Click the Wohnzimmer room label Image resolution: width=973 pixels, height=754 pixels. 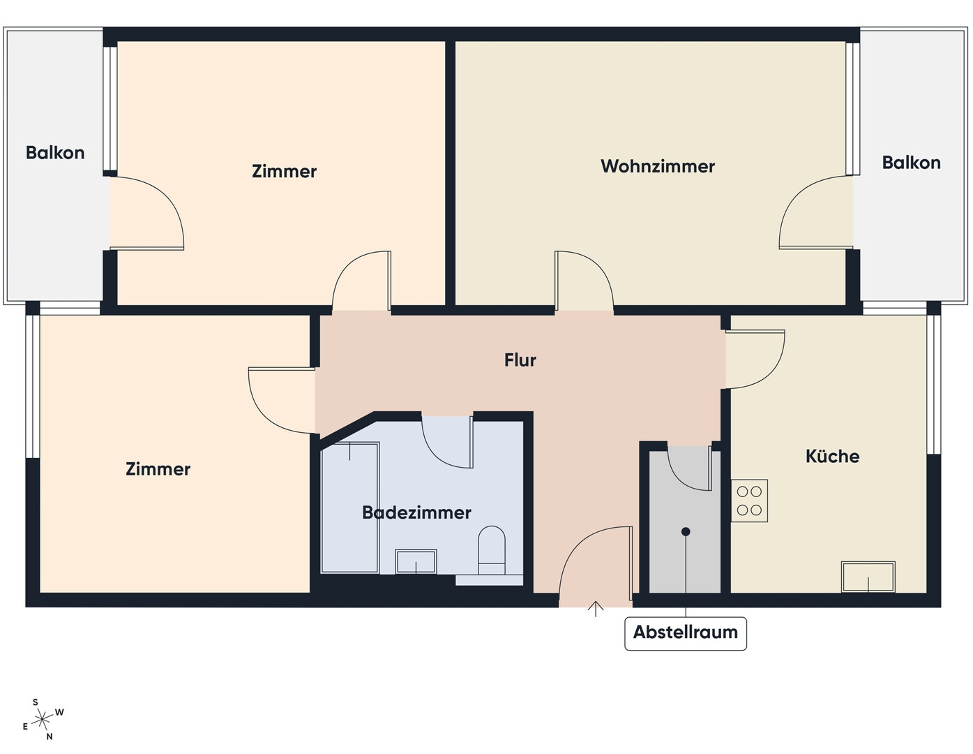[x=657, y=166]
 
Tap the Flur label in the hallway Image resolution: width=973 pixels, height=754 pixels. [x=520, y=360]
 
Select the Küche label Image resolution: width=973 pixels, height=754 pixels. [x=832, y=456]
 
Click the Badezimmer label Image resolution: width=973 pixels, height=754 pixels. [x=416, y=512]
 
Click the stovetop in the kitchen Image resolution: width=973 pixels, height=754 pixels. [x=749, y=501]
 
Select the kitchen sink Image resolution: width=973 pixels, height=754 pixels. [x=868, y=577]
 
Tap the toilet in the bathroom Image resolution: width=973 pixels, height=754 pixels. [x=492, y=551]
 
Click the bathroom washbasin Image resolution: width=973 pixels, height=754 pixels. [x=416, y=561]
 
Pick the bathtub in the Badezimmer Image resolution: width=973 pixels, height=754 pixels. [x=350, y=508]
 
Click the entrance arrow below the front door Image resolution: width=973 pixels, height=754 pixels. [x=596, y=609]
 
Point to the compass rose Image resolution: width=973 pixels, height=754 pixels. [x=42, y=720]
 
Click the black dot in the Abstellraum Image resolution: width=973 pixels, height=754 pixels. [x=686, y=532]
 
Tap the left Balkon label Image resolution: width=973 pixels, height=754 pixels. [x=55, y=153]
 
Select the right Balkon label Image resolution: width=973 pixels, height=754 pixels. [x=911, y=163]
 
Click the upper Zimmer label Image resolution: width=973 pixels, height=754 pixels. [x=284, y=171]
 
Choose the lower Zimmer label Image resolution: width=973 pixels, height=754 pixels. [x=158, y=469]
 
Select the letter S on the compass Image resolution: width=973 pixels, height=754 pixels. [x=36, y=702]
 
